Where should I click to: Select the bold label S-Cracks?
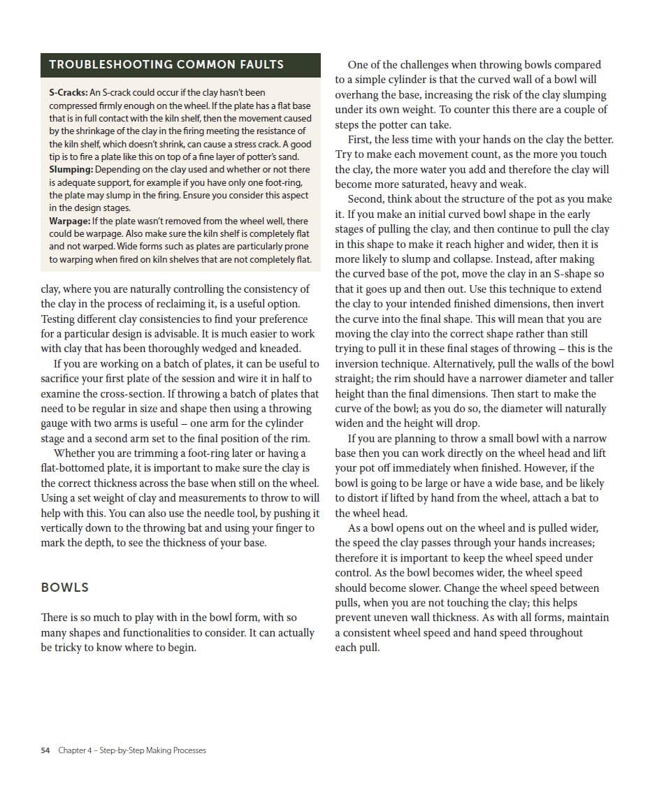[x=68, y=92]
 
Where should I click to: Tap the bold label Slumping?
[x=71, y=170]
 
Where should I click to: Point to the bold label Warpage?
[x=69, y=221]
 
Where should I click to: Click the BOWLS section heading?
[x=65, y=587]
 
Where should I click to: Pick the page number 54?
[x=45, y=750]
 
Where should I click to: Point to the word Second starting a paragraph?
[x=366, y=199]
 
